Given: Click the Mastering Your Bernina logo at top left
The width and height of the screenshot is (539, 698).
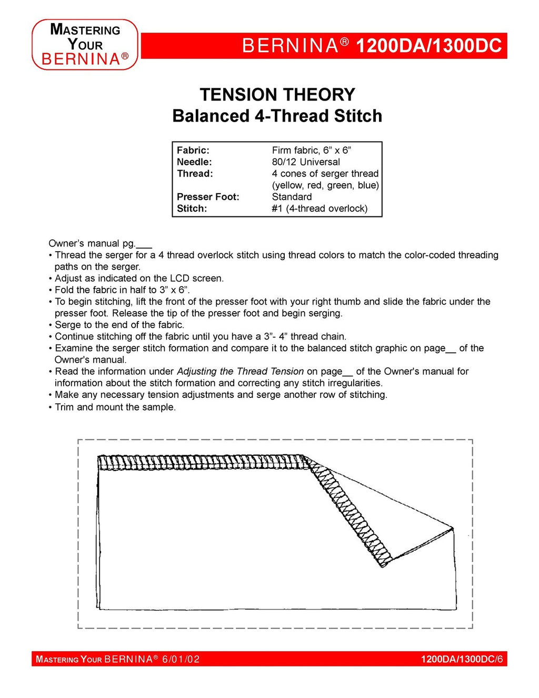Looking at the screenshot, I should click(x=85, y=45).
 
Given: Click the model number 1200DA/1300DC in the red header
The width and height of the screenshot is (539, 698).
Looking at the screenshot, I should click(x=428, y=46).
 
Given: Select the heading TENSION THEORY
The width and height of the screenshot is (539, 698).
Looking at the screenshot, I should click(x=277, y=95).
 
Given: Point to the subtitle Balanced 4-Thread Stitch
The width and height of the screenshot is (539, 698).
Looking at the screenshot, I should click(x=277, y=116).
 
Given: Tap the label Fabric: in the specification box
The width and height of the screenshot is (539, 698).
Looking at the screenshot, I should click(x=193, y=151).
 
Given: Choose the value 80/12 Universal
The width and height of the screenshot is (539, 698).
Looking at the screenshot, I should click(x=306, y=162).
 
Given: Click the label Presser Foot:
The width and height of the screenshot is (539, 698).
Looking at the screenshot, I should click(x=208, y=197).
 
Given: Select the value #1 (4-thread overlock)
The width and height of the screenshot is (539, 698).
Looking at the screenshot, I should click(x=320, y=208).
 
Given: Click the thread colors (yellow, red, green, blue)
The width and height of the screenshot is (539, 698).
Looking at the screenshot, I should click(x=325, y=185).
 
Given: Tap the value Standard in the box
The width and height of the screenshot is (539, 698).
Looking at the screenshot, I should click(x=292, y=197).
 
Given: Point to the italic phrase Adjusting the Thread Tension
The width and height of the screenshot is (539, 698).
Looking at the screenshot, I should click(x=240, y=372).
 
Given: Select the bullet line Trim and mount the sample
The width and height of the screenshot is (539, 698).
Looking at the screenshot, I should click(x=115, y=407).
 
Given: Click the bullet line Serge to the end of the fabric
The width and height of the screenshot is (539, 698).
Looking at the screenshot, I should click(x=119, y=325).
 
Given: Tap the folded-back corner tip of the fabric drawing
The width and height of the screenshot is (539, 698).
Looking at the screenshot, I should click(x=452, y=527).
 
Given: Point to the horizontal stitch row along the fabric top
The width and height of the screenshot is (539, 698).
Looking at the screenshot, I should click(x=200, y=462).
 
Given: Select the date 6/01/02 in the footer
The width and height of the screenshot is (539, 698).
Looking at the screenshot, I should click(x=181, y=660).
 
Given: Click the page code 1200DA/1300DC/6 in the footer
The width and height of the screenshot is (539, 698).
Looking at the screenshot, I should click(x=462, y=660).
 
